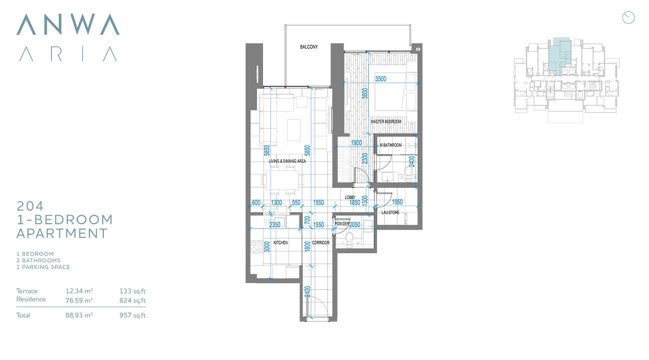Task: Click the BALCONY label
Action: (x=309, y=47)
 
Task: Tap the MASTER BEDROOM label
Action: (x=386, y=122)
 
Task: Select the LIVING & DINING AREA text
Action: (x=287, y=161)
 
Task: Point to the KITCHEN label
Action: (x=281, y=243)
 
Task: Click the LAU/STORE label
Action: (x=390, y=213)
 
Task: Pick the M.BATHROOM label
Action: (x=390, y=145)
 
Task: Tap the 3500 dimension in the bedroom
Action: (x=381, y=79)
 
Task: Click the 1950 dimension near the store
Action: (x=397, y=202)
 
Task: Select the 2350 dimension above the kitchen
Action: (x=275, y=225)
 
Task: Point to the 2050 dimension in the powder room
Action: (x=355, y=225)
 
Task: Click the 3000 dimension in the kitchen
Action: (x=268, y=247)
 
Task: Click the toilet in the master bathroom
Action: (x=408, y=172)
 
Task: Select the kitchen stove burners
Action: (x=257, y=246)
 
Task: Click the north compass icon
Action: (x=628, y=17)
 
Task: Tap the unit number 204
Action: (x=30, y=206)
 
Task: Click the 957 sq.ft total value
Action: (x=132, y=315)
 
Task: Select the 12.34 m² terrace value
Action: (x=79, y=291)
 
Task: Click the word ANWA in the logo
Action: (x=68, y=24)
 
